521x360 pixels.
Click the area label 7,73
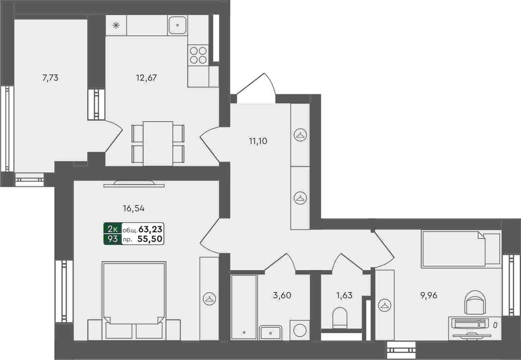coord(51,78)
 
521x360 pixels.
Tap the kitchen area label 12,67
coord(146,78)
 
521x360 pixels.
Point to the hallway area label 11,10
coord(258,141)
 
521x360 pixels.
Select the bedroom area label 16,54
coord(134,208)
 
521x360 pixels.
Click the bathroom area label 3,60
coord(282,295)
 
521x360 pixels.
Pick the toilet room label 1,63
coord(344,295)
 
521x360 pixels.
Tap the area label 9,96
coord(429,295)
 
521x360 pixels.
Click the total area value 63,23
coord(150,229)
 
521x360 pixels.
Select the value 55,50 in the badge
coord(150,239)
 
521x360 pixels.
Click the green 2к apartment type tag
coord(113,229)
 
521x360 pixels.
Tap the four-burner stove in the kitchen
coord(198,55)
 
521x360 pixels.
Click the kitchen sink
coord(178,25)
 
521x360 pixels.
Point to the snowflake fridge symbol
coord(116,25)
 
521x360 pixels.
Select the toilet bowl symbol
coord(340,318)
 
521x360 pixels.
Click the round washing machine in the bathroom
coord(300,331)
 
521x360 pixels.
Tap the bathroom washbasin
coord(270,333)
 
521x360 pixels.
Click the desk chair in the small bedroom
coord(475,302)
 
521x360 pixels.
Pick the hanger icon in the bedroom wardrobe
coord(209,299)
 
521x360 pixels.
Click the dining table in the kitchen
coord(158,143)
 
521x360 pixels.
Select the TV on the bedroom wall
coord(134,184)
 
